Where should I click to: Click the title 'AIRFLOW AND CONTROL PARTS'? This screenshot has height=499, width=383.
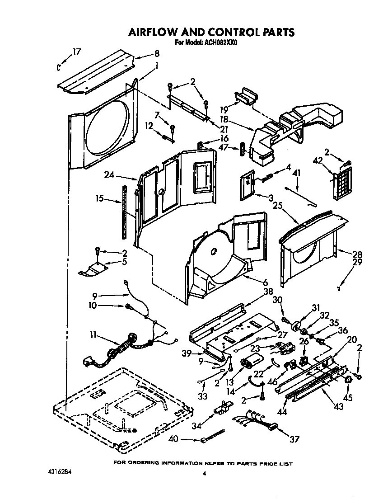pos(211,32)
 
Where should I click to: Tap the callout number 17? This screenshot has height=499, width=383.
pos(77,52)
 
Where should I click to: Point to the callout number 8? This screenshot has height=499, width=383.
pos(157,53)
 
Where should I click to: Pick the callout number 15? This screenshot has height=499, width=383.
pos(100,198)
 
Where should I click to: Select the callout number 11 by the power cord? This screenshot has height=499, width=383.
pos(93,335)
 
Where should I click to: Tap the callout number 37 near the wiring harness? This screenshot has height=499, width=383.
pos(294,439)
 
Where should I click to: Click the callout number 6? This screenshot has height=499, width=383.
pos(265,282)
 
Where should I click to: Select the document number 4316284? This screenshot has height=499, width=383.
pos(59,471)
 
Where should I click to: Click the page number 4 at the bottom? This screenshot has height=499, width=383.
pos(204,474)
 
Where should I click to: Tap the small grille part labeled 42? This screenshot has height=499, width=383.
pos(341,182)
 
